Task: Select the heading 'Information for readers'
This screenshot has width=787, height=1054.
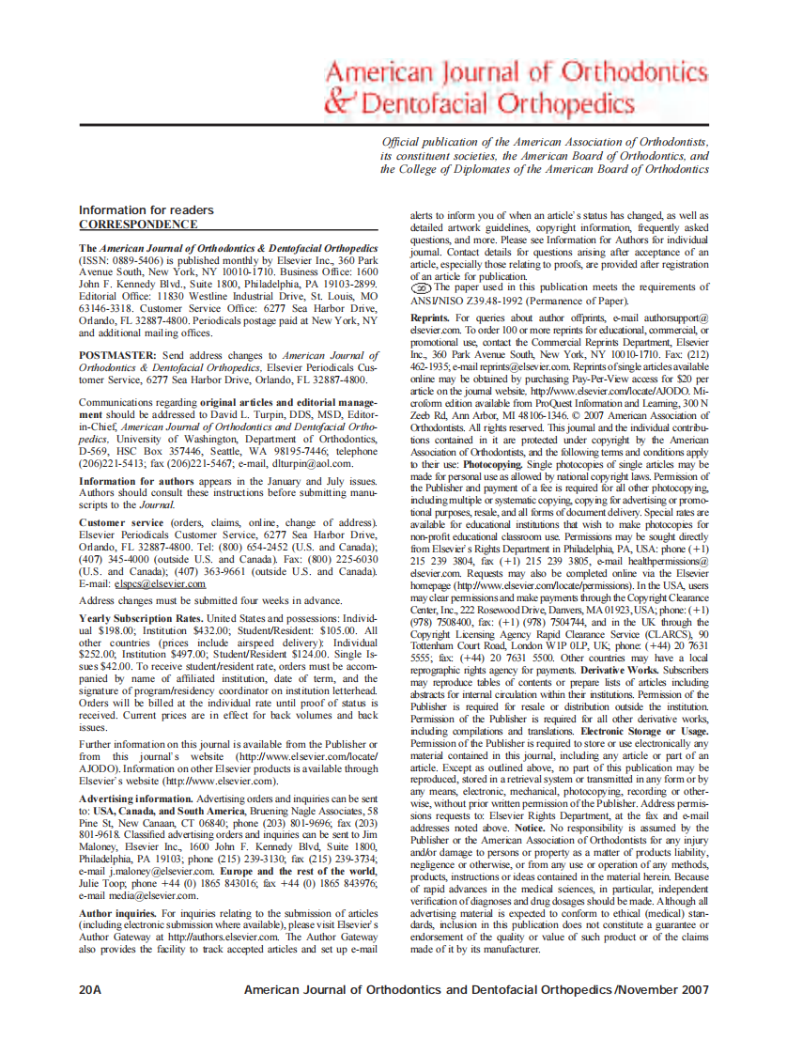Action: pyautogui.click(x=146, y=209)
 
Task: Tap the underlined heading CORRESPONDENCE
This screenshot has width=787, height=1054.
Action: pyautogui.click(x=137, y=225)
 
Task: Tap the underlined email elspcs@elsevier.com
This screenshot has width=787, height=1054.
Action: pyautogui.click(x=160, y=583)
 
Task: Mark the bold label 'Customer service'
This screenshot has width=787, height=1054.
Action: pyautogui.click(x=121, y=521)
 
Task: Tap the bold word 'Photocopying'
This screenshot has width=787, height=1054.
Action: pyautogui.click(x=494, y=464)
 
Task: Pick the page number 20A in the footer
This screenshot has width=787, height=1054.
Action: pyautogui.click(x=90, y=989)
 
